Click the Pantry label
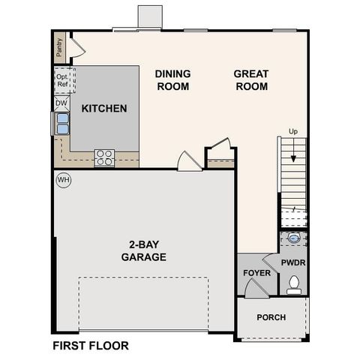[59, 49]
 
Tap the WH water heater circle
[63, 181]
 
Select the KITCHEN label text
[104, 109]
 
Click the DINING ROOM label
[172, 79]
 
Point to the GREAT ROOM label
[251, 79]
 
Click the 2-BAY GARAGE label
[143, 250]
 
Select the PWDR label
[292, 264]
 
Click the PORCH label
[271, 317]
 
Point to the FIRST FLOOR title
[90, 346]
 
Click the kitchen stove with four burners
[104, 157]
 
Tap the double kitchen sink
[61, 124]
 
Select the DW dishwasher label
[61, 103]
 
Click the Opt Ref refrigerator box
[61, 79]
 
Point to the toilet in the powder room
[294, 283]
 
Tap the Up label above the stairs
[293, 132]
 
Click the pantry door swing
[77, 48]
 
